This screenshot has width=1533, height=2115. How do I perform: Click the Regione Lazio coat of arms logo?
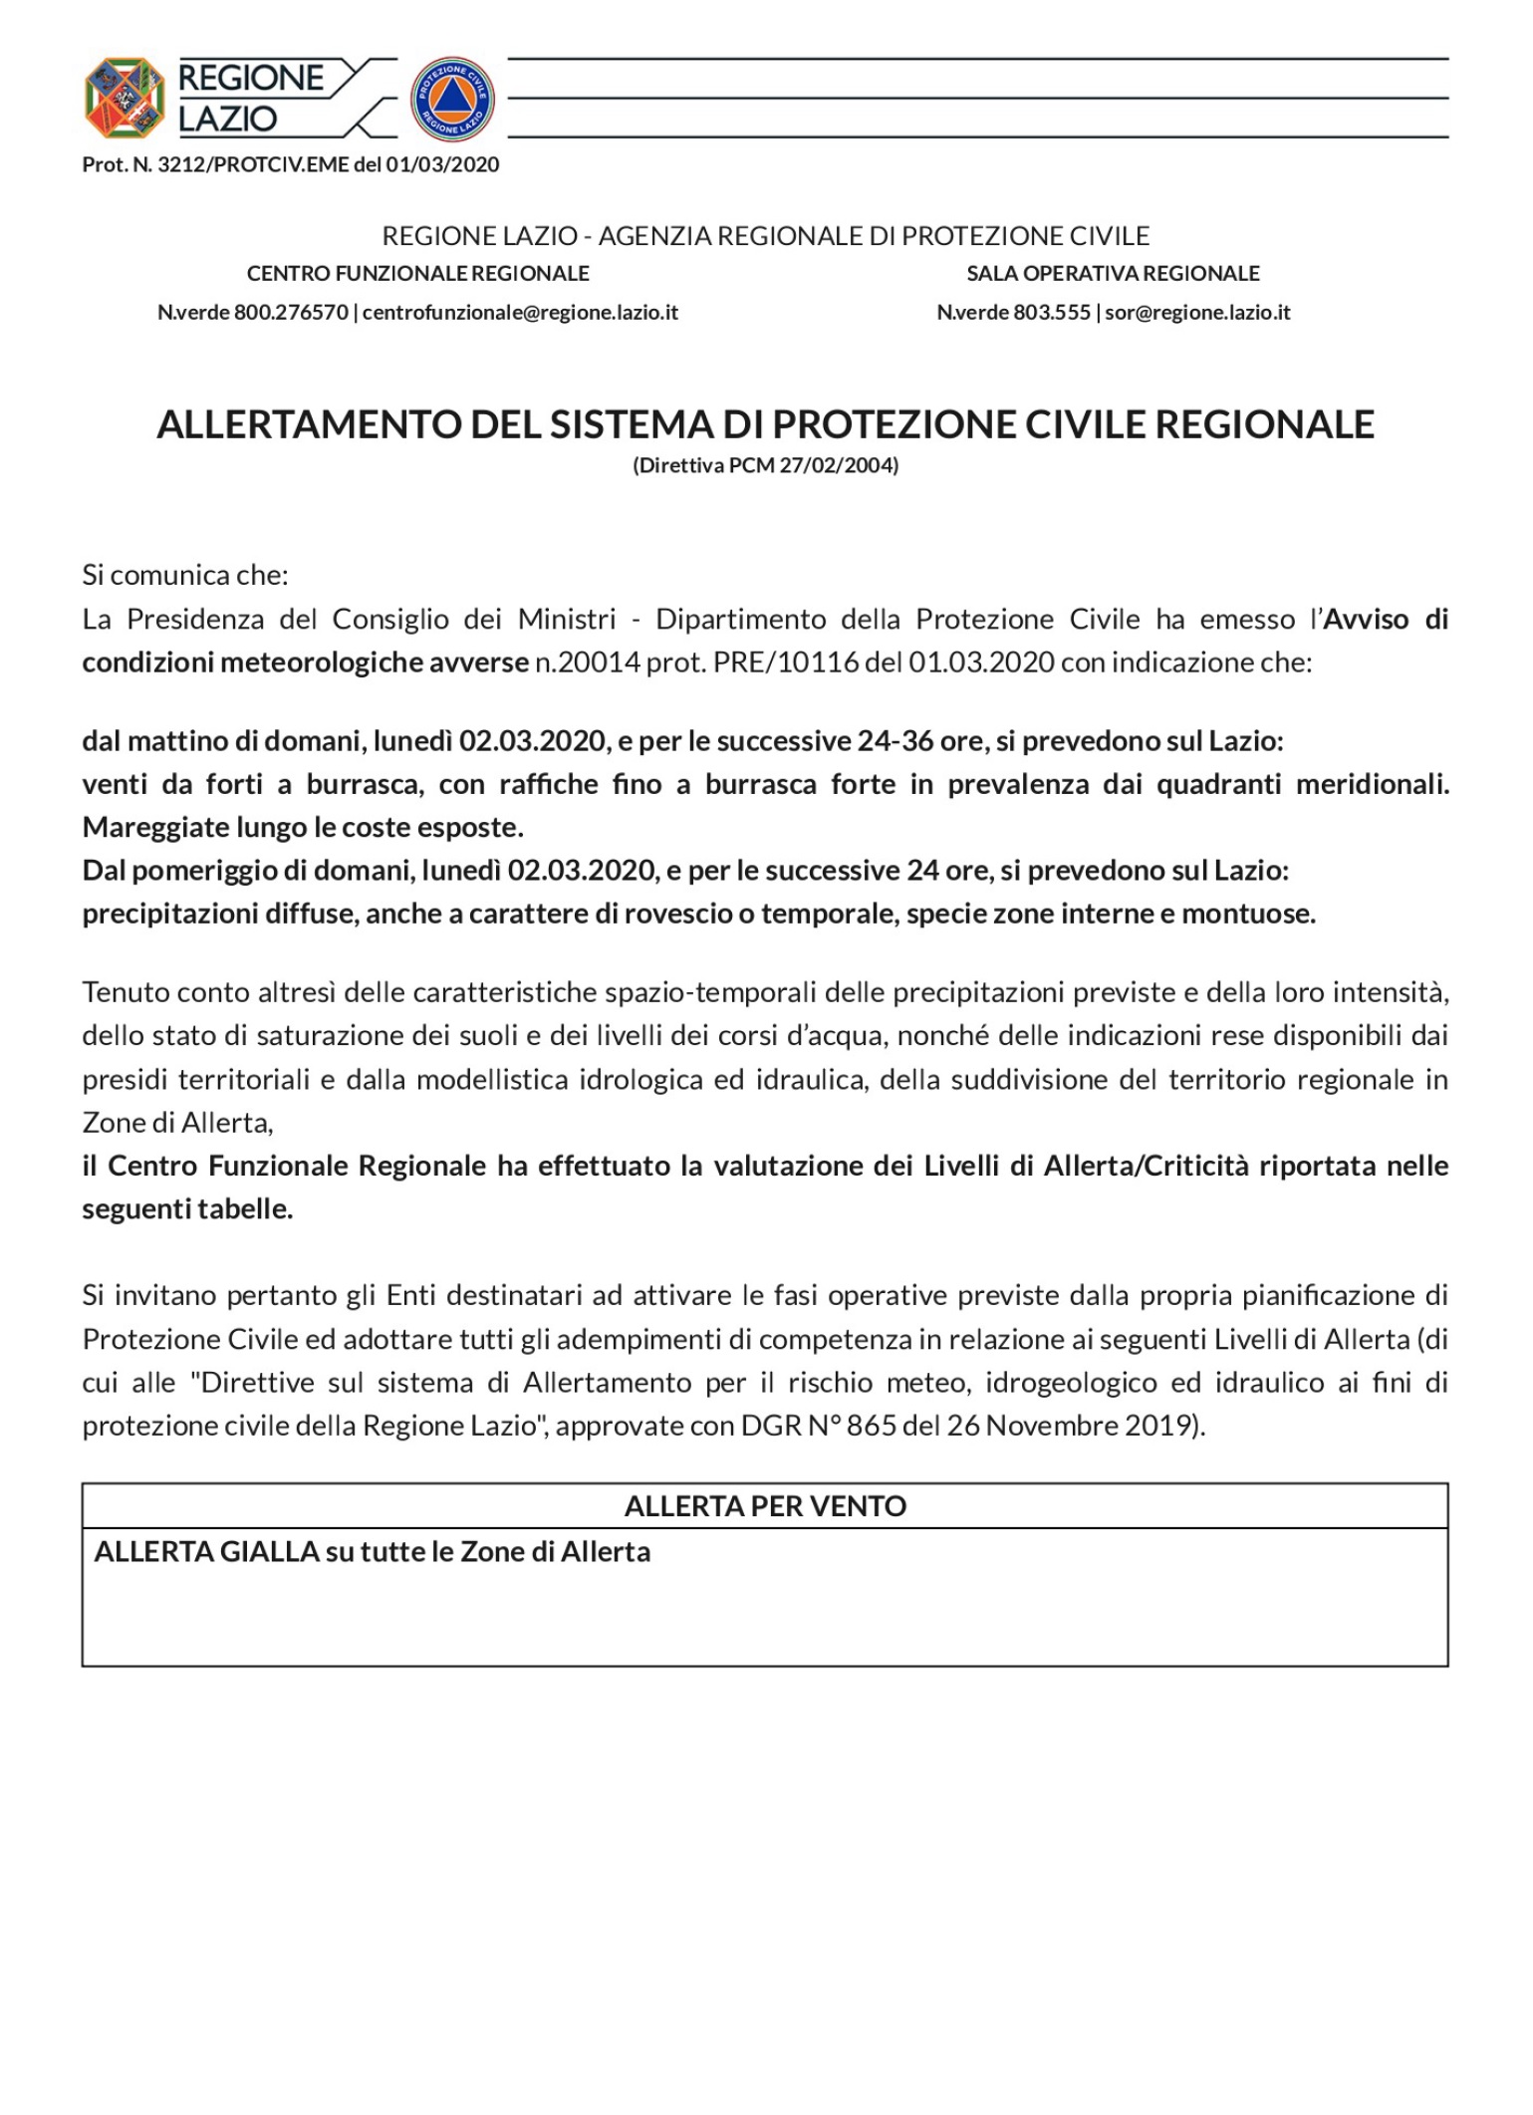pyautogui.click(x=125, y=98)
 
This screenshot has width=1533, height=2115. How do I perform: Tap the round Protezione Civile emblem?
pyautogui.click(x=452, y=98)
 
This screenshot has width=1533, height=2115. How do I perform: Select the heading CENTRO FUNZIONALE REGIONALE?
pyautogui.click(x=417, y=273)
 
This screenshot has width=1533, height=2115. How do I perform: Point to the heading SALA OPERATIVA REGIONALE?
pyautogui.click(x=1113, y=273)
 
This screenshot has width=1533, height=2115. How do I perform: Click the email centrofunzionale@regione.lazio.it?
pyautogui.click(x=520, y=313)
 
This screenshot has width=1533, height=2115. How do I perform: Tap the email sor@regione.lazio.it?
pyautogui.click(x=1197, y=313)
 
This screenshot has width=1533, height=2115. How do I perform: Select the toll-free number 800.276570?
pyautogui.click(x=291, y=313)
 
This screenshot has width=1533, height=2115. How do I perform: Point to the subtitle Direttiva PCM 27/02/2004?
pyautogui.click(x=765, y=465)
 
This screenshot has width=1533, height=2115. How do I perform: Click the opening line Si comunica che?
pyautogui.click(x=185, y=575)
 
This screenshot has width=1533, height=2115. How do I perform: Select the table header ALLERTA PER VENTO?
pyautogui.click(x=765, y=1506)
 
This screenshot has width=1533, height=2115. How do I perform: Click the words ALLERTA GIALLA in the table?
pyautogui.click(x=206, y=1552)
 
